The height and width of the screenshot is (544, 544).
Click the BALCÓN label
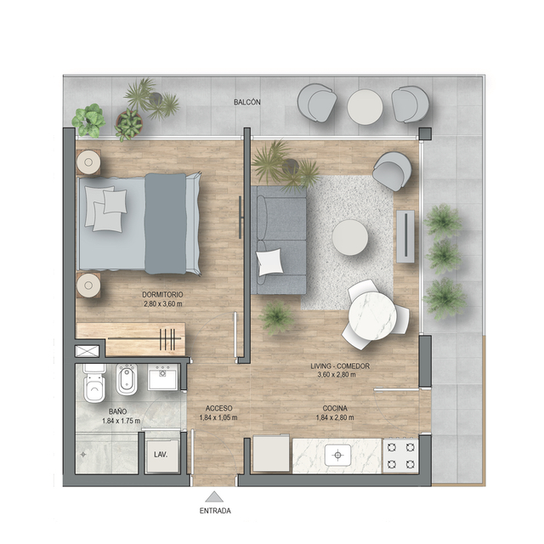pos(246,102)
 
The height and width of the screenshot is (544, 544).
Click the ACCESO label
pos(218,408)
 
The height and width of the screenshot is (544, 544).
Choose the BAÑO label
pos(117,411)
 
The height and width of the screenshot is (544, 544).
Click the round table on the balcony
pos(365,106)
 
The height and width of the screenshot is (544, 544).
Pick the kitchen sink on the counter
pos(337,455)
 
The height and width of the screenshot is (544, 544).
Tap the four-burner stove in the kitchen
pos(399,455)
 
